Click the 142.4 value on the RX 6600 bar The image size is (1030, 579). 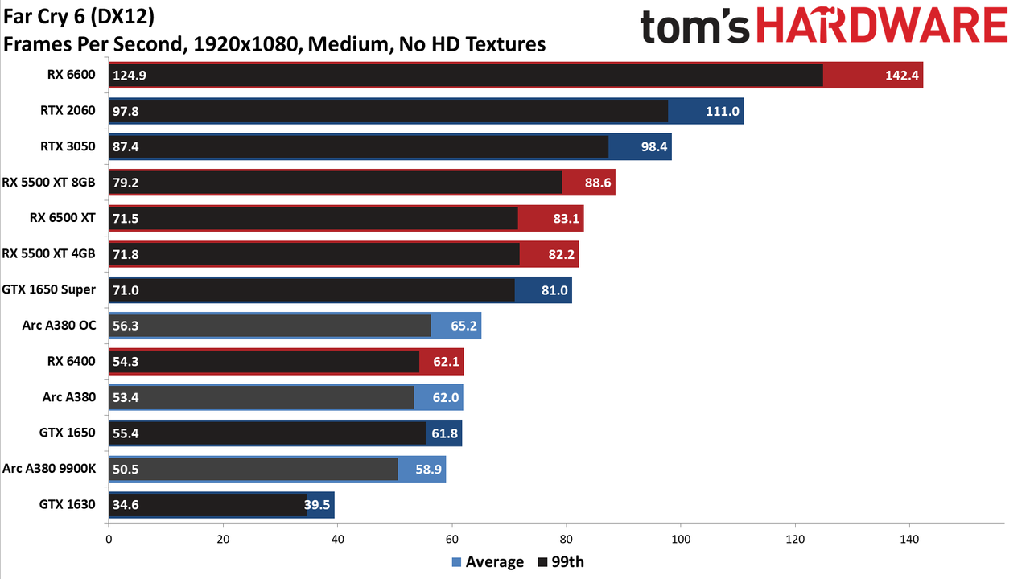[902, 76]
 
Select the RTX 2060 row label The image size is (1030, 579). [68, 111]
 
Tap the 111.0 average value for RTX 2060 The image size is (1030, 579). [723, 111]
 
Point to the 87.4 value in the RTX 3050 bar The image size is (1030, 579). [126, 146]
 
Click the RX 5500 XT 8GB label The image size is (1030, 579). [48, 183]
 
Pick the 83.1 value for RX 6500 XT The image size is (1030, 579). [566, 218]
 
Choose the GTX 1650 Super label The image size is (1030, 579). [48, 290]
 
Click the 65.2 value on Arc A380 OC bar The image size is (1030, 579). [463, 326]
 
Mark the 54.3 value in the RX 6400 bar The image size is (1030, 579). [126, 362]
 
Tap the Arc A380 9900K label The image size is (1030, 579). [49, 469]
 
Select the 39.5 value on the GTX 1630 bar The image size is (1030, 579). [317, 505]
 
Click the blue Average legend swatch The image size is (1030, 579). [456, 562]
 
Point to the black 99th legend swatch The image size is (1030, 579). [542, 562]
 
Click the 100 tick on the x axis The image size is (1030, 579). [681, 539]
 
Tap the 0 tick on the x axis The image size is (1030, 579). [109, 539]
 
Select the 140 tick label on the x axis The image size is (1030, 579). [909, 539]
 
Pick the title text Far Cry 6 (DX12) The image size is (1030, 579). [79, 17]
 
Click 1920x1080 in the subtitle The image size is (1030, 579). [245, 44]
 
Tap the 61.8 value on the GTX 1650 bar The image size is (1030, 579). [444, 433]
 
